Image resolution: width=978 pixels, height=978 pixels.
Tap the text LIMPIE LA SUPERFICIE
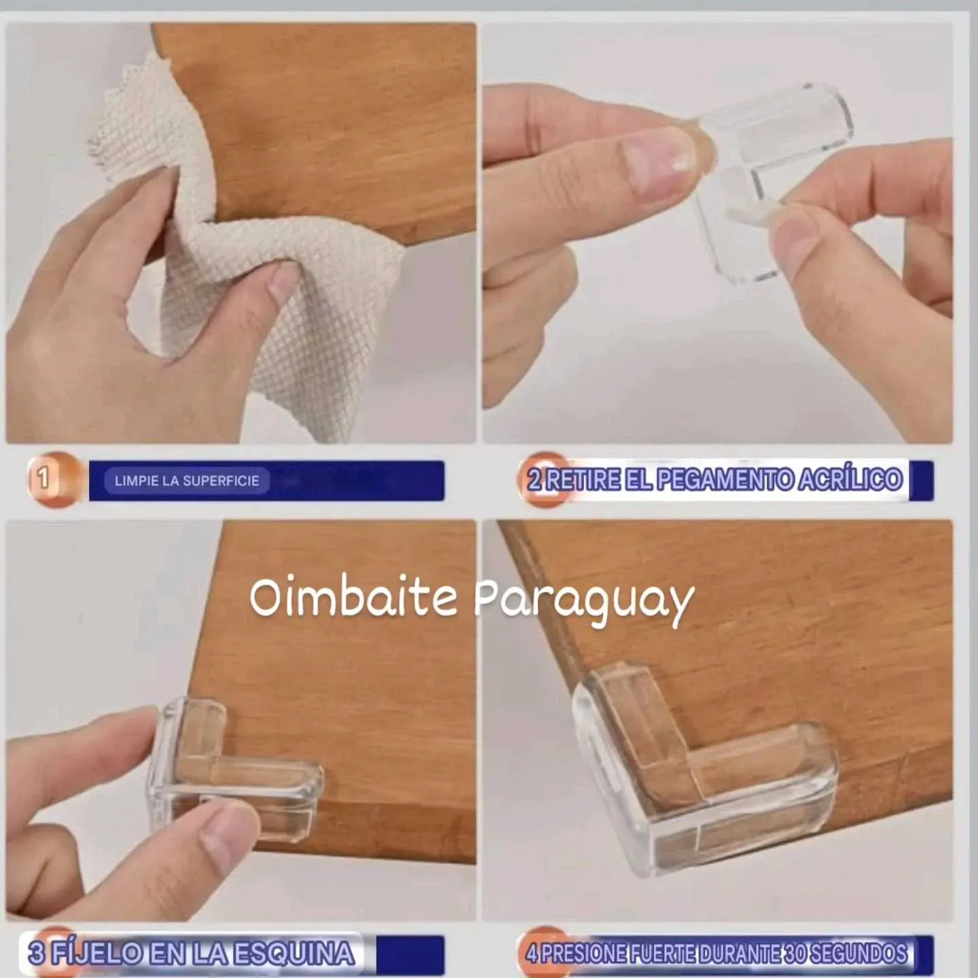[x=187, y=481]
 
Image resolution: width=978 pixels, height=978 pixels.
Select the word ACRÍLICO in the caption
[x=850, y=479]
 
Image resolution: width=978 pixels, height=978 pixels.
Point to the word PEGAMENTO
[x=725, y=479]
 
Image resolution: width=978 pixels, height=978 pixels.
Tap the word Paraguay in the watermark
[x=583, y=603]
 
